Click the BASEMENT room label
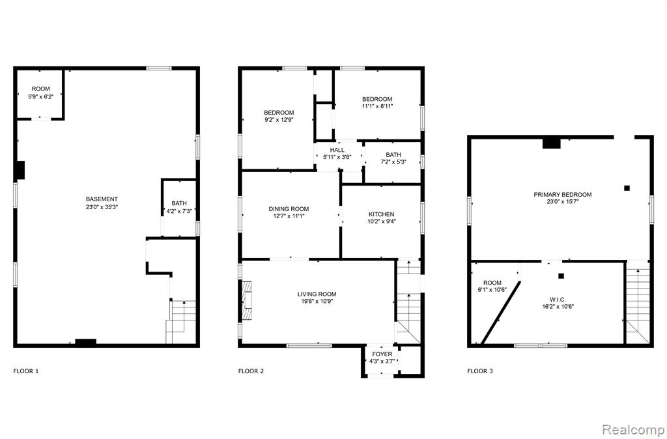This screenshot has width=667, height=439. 102,199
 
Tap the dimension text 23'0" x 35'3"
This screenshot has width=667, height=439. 102,207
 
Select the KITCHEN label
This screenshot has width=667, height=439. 381,214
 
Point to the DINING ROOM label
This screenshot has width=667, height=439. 289,209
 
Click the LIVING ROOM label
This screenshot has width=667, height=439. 317,294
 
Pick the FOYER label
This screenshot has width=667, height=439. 382,354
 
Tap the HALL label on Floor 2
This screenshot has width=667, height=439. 337,150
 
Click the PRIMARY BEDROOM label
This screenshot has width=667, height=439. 563,194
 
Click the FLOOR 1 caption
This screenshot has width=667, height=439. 26,371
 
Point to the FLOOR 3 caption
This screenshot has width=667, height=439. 480,371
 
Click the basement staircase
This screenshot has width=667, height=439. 181,322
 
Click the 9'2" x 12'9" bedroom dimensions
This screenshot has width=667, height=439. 279,120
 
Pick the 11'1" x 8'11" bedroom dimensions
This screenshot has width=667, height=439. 377,106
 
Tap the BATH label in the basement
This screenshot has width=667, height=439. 179,203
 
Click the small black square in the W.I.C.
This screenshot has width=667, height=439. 561,276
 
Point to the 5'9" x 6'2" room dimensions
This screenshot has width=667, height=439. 41,96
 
